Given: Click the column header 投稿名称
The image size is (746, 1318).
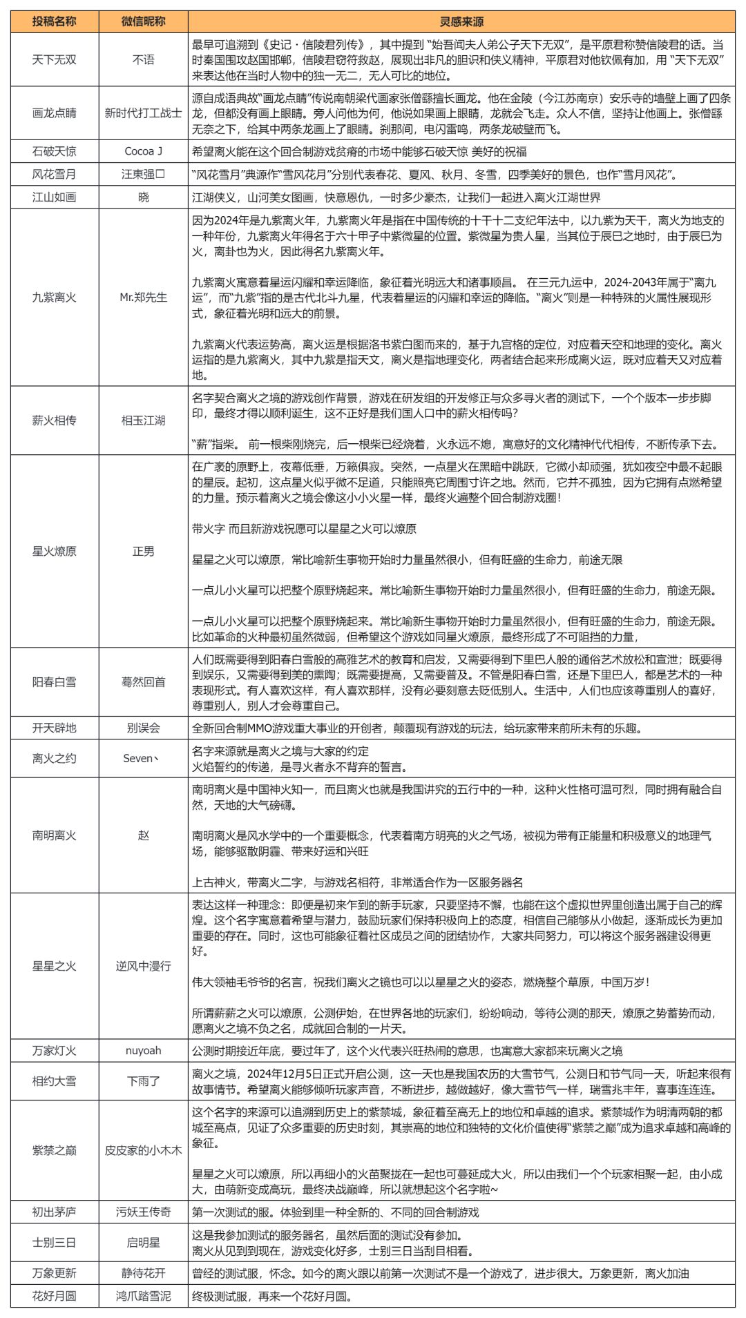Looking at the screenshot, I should tap(54, 21).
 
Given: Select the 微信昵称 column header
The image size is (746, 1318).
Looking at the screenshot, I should tap(143, 21).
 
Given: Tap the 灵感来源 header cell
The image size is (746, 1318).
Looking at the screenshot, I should tap(461, 21).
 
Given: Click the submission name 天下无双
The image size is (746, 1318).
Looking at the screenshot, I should tap(54, 60).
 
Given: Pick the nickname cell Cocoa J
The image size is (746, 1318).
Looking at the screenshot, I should tap(143, 151).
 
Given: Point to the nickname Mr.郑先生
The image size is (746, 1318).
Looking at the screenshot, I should tap(143, 298).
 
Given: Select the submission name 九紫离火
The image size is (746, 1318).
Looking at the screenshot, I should tap(54, 298).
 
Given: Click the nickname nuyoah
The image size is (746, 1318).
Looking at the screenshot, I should tap(143, 1050).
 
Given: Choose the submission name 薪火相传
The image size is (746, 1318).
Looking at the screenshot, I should tap(54, 420).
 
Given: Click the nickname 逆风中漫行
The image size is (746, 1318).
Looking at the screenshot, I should tap(143, 966).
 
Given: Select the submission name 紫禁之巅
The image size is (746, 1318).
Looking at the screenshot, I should tap(54, 1150).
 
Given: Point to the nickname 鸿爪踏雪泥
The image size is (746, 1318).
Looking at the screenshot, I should tap(143, 1296).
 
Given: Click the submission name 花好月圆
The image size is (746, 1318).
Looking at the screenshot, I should tap(54, 1296).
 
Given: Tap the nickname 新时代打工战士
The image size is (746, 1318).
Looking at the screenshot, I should tap(143, 113).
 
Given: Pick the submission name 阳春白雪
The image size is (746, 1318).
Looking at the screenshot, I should tap(54, 682).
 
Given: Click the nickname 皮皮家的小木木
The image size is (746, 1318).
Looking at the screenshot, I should tap(143, 1150).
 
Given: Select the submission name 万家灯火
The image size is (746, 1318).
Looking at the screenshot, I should tap(54, 1050).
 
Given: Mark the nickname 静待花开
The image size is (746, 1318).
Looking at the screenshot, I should tap(143, 1273).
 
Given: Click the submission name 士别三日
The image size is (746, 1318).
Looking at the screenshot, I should tap(54, 1243).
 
